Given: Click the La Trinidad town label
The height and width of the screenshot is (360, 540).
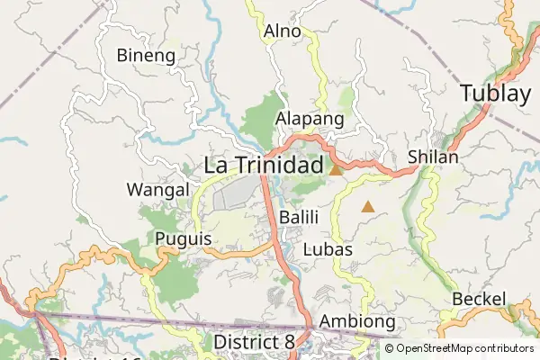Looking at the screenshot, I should [263, 166].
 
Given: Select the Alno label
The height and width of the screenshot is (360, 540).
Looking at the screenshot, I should [282, 31].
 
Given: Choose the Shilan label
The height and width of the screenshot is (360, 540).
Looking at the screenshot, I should [433, 157].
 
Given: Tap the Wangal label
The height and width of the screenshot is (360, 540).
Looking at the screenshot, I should [157, 190].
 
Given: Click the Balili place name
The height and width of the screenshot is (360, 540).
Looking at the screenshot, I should [297, 217].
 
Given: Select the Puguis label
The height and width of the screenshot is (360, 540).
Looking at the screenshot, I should [183, 239].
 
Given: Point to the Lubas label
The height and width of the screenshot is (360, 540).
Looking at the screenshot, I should [328, 249].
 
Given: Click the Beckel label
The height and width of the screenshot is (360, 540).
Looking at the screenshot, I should [480, 299].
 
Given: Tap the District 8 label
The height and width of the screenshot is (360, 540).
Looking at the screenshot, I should [254, 342].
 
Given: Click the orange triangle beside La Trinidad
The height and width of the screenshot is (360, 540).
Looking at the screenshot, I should [336, 169].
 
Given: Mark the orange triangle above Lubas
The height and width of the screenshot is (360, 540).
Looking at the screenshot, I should [367, 207].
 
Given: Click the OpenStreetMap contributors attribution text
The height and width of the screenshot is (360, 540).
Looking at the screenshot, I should [464, 348].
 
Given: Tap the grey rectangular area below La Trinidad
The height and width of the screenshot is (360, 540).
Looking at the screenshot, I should [236, 193].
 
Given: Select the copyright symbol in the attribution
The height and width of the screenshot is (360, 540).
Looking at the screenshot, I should [390, 348].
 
